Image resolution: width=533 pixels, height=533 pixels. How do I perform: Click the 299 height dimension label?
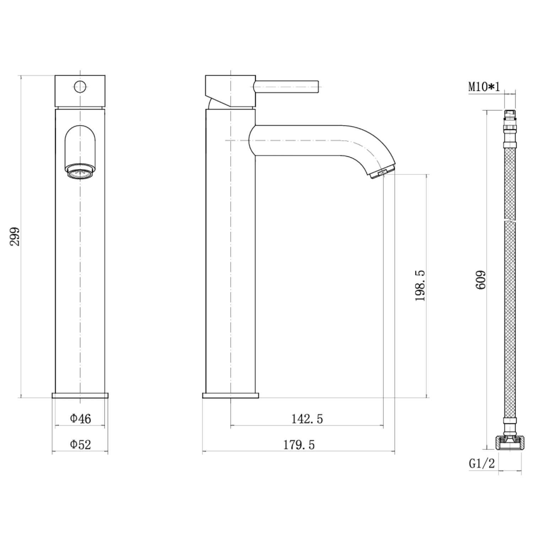(x=15, y=237)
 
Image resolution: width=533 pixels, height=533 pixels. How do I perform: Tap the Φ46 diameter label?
(x=80, y=419)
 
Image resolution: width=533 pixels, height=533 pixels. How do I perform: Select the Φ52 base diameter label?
(x=80, y=444)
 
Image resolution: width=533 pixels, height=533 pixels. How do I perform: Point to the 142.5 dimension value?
(x=307, y=419)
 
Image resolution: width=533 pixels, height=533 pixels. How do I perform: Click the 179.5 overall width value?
(x=299, y=445)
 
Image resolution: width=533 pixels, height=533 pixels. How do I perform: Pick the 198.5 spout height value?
(x=420, y=286)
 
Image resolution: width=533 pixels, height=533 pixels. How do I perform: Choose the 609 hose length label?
(x=481, y=280)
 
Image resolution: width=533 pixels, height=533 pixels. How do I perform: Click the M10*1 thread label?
(x=484, y=87)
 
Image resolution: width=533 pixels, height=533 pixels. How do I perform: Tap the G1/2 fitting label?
(x=482, y=463)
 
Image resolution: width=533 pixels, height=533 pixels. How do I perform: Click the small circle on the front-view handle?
(x=80, y=86)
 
